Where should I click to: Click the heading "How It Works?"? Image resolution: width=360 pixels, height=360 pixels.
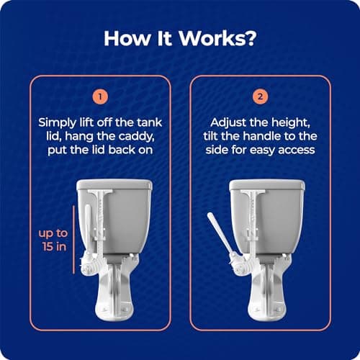click(x=180, y=38)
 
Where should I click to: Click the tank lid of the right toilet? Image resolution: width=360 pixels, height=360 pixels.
click(x=267, y=184)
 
